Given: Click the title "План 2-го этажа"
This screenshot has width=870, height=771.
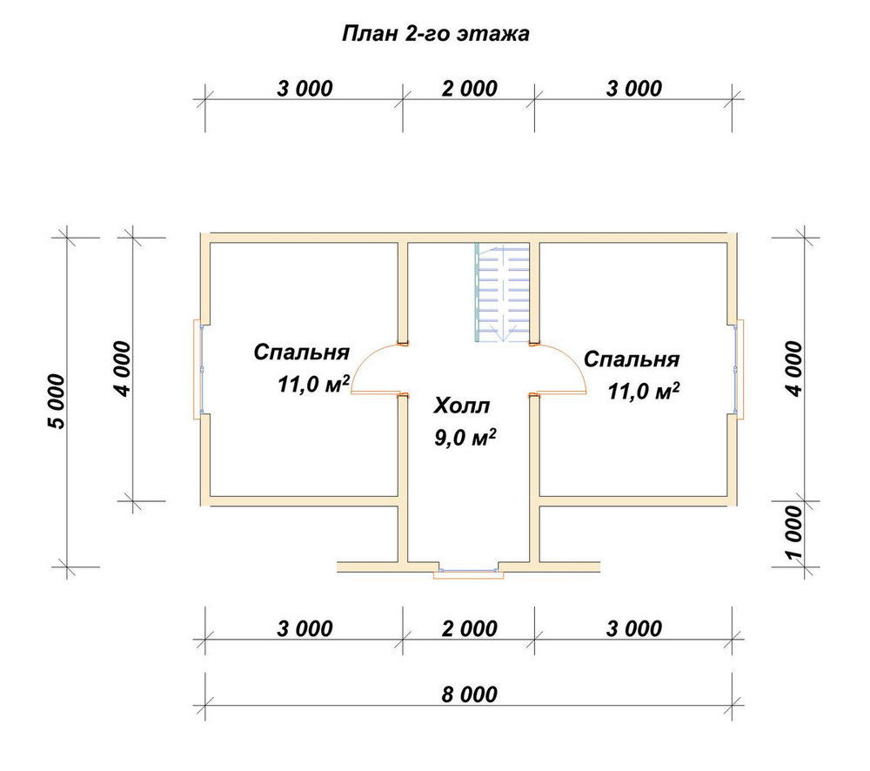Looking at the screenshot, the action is (x=436, y=34).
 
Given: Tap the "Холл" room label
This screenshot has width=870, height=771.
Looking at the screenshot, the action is (x=462, y=406).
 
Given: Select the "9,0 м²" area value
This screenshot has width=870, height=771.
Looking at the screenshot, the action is (x=465, y=438).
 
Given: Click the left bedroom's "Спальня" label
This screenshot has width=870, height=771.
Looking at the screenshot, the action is (x=301, y=352).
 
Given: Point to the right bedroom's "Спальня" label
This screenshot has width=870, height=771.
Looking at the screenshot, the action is (x=632, y=359).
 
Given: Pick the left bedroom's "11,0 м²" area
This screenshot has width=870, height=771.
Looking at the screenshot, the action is (x=313, y=384).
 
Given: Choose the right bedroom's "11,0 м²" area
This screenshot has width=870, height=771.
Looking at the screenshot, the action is (x=644, y=391).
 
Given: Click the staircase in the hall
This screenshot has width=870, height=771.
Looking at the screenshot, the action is (x=502, y=292).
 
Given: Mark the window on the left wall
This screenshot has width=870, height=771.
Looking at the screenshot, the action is (x=198, y=369).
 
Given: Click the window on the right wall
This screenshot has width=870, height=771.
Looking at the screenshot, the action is (x=739, y=369).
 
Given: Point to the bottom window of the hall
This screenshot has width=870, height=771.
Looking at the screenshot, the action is (x=468, y=572).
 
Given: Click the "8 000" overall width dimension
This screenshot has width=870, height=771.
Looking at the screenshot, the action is (x=470, y=694).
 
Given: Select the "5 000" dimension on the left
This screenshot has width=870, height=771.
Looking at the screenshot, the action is (x=57, y=402).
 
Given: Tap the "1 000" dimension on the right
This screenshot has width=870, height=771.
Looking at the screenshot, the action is (x=794, y=533).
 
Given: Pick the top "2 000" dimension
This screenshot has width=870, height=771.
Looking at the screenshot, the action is (x=470, y=88).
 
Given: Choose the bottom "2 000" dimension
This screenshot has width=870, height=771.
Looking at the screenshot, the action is (x=470, y=629).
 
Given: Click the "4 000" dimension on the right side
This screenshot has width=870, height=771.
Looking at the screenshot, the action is (x=794, y=369).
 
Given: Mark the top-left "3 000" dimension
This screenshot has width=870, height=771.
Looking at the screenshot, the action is (x=304, y=88).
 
